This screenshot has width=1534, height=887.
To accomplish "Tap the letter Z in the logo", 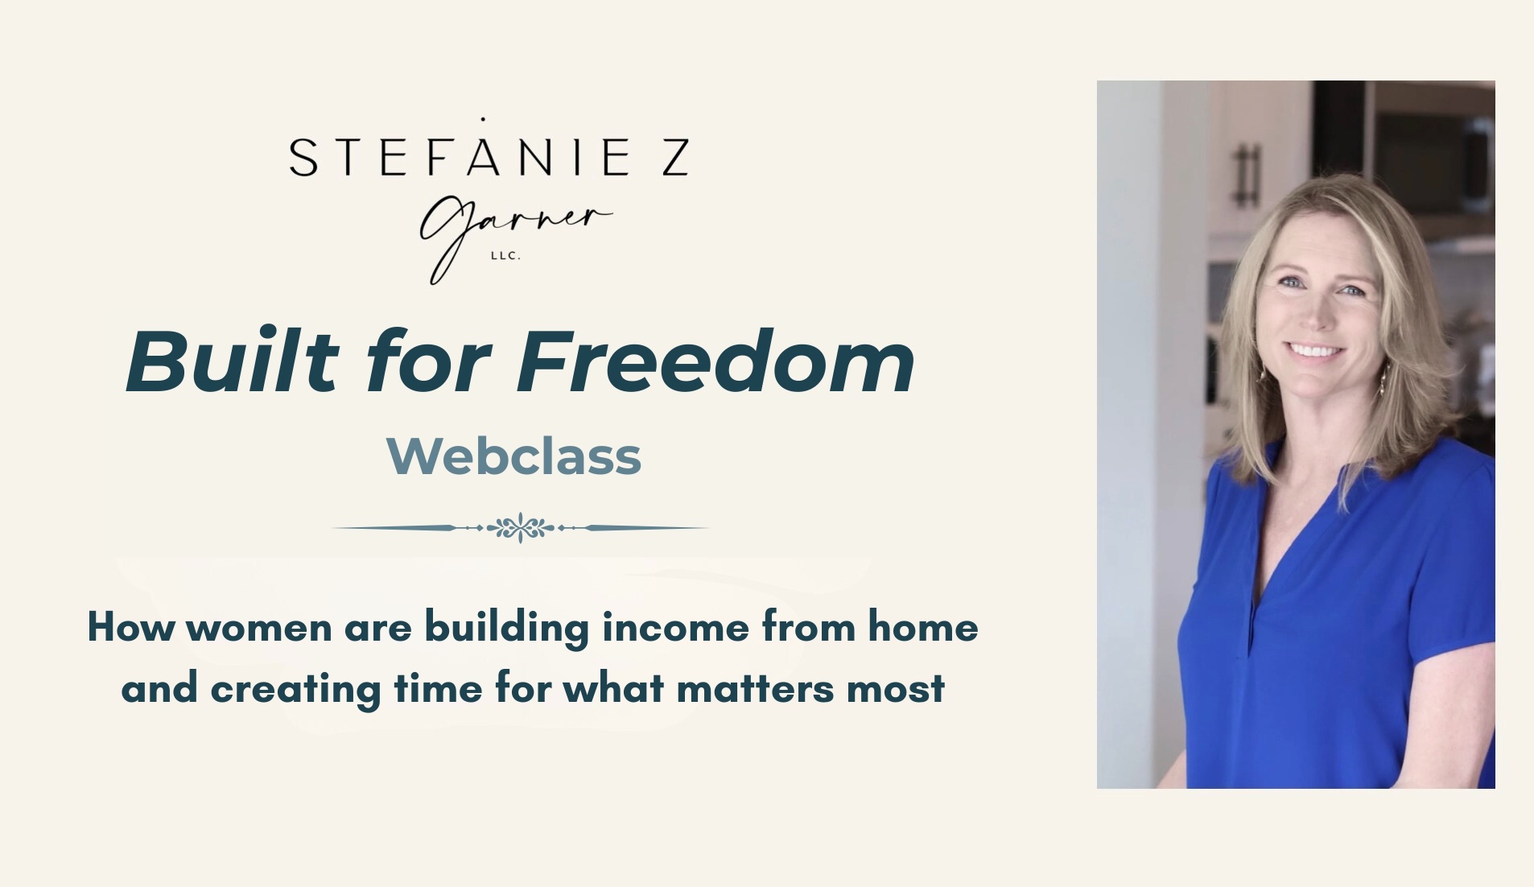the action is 674,157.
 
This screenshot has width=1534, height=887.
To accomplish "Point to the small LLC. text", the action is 505,256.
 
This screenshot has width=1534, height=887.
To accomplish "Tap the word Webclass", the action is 513,456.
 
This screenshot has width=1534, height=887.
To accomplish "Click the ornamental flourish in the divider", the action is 521,528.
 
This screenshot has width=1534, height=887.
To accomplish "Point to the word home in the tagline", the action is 922,626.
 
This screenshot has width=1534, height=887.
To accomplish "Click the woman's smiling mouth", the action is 1313,350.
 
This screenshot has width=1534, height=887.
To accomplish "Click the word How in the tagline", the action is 130,627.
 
